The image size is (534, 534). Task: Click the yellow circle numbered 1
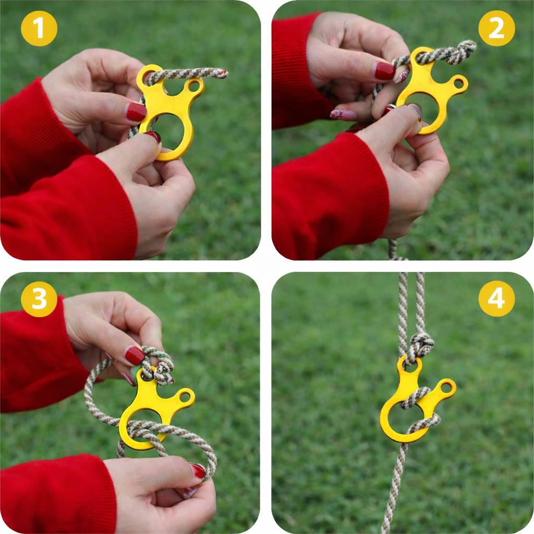(x=39, y=28)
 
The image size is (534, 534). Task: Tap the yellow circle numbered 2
(x=496, y=28)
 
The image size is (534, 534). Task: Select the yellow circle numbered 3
(x=39, y=299)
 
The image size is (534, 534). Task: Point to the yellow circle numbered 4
(x=496, y=299)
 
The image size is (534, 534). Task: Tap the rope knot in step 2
(x=464, y=52)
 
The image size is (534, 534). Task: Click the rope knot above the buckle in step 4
(x=421, y=346)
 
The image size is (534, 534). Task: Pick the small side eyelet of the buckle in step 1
(x=194, y=86)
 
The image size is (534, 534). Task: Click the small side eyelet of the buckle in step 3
(x=185, y=396)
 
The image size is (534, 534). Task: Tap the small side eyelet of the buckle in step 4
(x=446, y=387)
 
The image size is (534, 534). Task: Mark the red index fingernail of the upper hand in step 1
(x=136, y=113)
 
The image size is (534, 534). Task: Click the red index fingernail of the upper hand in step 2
(x=385, y=71)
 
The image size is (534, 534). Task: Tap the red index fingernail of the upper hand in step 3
(x=135, y=355)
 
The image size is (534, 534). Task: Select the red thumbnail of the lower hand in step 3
(x=198, y=470)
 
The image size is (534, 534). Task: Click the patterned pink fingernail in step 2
(x=343, y=115)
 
